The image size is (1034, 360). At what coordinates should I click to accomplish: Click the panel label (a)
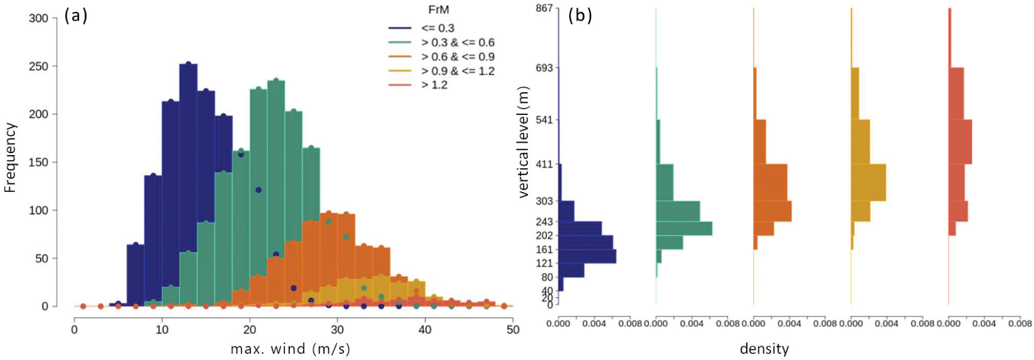point(75,16)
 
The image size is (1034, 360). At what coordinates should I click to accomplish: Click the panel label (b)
point(580,15)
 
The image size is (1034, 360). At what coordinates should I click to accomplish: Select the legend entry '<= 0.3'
point(438,28)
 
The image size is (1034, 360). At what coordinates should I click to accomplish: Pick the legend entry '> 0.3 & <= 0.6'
point(458,42)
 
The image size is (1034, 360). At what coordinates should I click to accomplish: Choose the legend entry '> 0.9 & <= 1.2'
point(458,71)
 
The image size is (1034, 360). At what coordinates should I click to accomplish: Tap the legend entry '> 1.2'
point(434,85)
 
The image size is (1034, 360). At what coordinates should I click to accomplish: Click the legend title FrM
point(439,10)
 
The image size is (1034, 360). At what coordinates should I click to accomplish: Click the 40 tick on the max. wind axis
point(425,330)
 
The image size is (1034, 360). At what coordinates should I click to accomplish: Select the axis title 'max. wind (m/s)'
point(290,349)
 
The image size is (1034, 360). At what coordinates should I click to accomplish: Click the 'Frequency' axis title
point(10,158)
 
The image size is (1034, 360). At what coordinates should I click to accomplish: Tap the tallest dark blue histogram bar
point(188,183)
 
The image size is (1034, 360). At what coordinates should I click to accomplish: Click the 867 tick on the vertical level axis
point(544,8)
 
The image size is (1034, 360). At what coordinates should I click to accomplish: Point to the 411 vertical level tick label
point(544,164)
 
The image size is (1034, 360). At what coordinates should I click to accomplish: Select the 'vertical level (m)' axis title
point(524,141)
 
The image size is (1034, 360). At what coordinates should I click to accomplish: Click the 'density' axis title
point(764,349)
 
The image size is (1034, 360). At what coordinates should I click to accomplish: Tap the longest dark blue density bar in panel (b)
point(587,256)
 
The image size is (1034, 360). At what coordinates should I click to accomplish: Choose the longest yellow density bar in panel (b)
point(868,182)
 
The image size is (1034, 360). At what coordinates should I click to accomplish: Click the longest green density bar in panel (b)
point(684,228)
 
